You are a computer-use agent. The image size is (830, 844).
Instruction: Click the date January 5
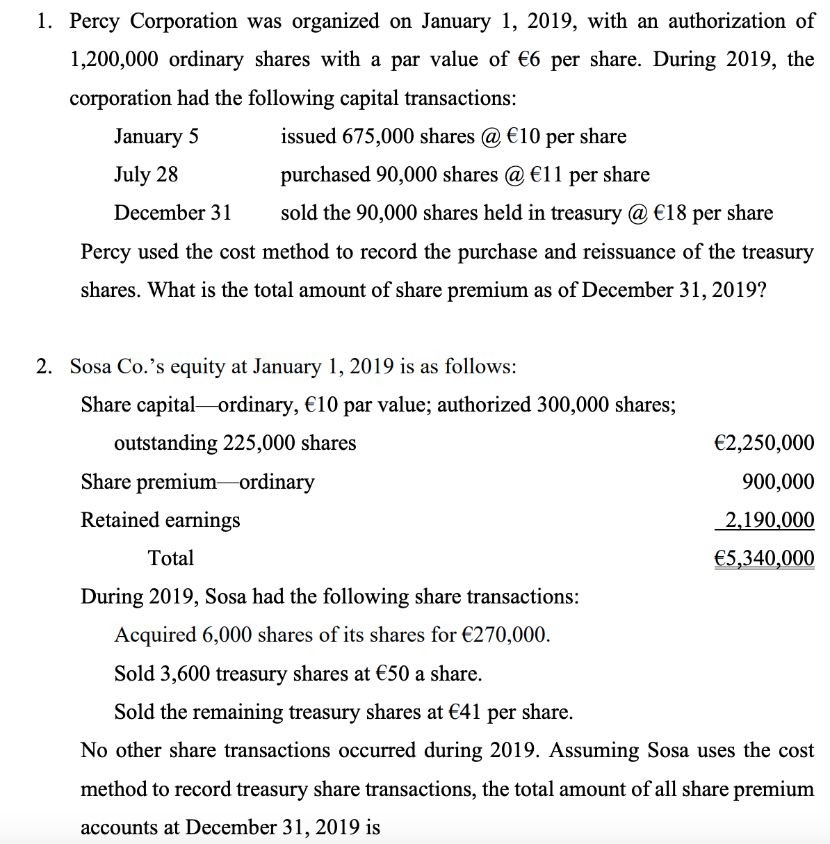156,136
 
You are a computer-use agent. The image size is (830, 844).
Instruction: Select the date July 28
146,175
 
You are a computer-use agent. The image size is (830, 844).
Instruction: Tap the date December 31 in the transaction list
173,213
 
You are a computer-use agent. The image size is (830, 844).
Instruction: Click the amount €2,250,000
764,443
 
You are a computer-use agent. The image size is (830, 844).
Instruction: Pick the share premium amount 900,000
778,482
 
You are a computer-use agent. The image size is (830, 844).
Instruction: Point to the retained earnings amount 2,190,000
770,520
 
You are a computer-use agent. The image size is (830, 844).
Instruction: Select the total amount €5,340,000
764,558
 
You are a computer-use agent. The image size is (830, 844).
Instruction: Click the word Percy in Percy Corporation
95,22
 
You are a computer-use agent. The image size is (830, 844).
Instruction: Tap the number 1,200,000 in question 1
114,60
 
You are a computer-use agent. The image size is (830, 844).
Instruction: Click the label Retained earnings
161,520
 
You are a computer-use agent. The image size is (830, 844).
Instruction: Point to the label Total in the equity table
171,558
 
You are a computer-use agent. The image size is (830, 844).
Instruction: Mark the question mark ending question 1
762,290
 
